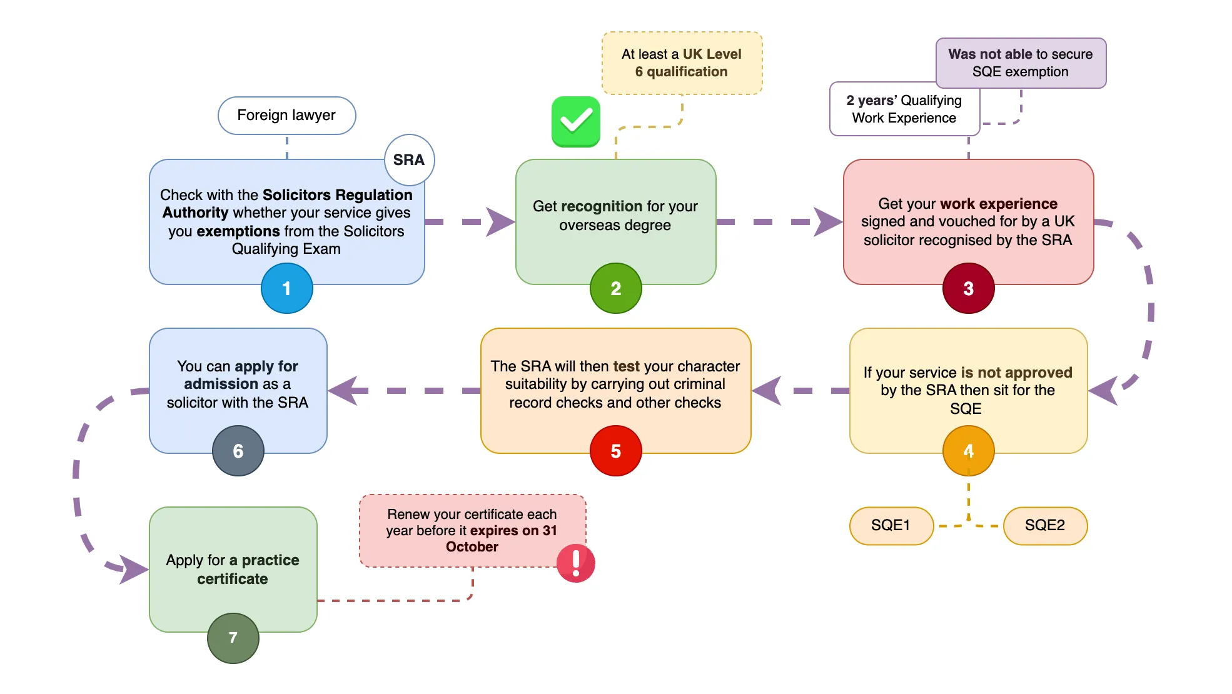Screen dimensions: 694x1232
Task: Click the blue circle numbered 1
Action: tap(287, 288)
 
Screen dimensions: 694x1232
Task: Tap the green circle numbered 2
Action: tap(616, 288)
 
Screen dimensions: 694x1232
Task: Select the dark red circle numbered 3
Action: tap(968, 288)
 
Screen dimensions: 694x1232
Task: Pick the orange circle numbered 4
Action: tap(968, 451)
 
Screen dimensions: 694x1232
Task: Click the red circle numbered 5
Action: tap(616, 451)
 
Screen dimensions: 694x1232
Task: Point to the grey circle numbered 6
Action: tap(238, 451)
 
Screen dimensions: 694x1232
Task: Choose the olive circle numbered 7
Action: tap(233, 638)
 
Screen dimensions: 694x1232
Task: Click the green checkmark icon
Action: tap(576, 121)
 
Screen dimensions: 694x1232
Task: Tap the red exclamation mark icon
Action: tap(576, 563)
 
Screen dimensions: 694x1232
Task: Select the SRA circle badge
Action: tap(409, 160)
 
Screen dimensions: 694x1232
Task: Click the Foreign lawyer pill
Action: tap(286, 116)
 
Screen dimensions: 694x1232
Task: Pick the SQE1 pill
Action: tap(891, 526)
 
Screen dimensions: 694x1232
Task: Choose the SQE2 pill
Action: tap(1045, 526)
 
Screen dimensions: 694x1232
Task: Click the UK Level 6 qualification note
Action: tap(682, 63)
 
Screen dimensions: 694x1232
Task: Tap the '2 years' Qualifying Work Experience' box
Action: tap(904, 109)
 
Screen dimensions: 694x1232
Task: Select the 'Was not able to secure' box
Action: tap(1021, 63)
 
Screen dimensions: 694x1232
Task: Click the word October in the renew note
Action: tap(472, 547)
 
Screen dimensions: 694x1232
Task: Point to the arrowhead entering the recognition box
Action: tap(500, 222)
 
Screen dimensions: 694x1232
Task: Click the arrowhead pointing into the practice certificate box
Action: tap(134, 569)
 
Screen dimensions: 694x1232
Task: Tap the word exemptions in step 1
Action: tap(238, 231)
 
